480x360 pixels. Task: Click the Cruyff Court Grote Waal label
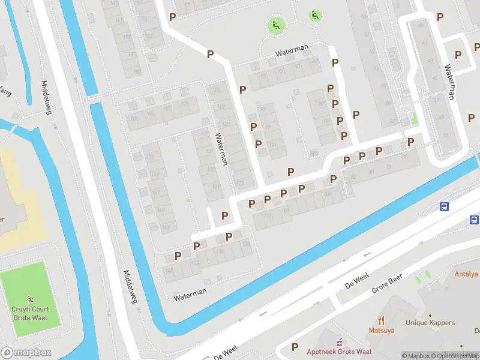tap(31, 313)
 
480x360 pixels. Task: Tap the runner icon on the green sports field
tap(31, 298)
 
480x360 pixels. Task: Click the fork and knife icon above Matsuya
tap(380, 320)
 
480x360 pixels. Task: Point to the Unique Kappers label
tap(430, 323)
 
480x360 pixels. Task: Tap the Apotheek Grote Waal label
tap(339, 352)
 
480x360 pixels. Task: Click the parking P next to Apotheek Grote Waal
tap(295, 347)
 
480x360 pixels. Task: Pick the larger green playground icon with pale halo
tap(275, 25)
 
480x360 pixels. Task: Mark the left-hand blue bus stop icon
tap(445, 207)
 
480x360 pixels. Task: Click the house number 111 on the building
tap(267, 215)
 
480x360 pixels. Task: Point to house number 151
tap(151, 157)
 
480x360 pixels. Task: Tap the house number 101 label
tap(273, 145)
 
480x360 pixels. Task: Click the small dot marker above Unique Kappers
tap(430, 315)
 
